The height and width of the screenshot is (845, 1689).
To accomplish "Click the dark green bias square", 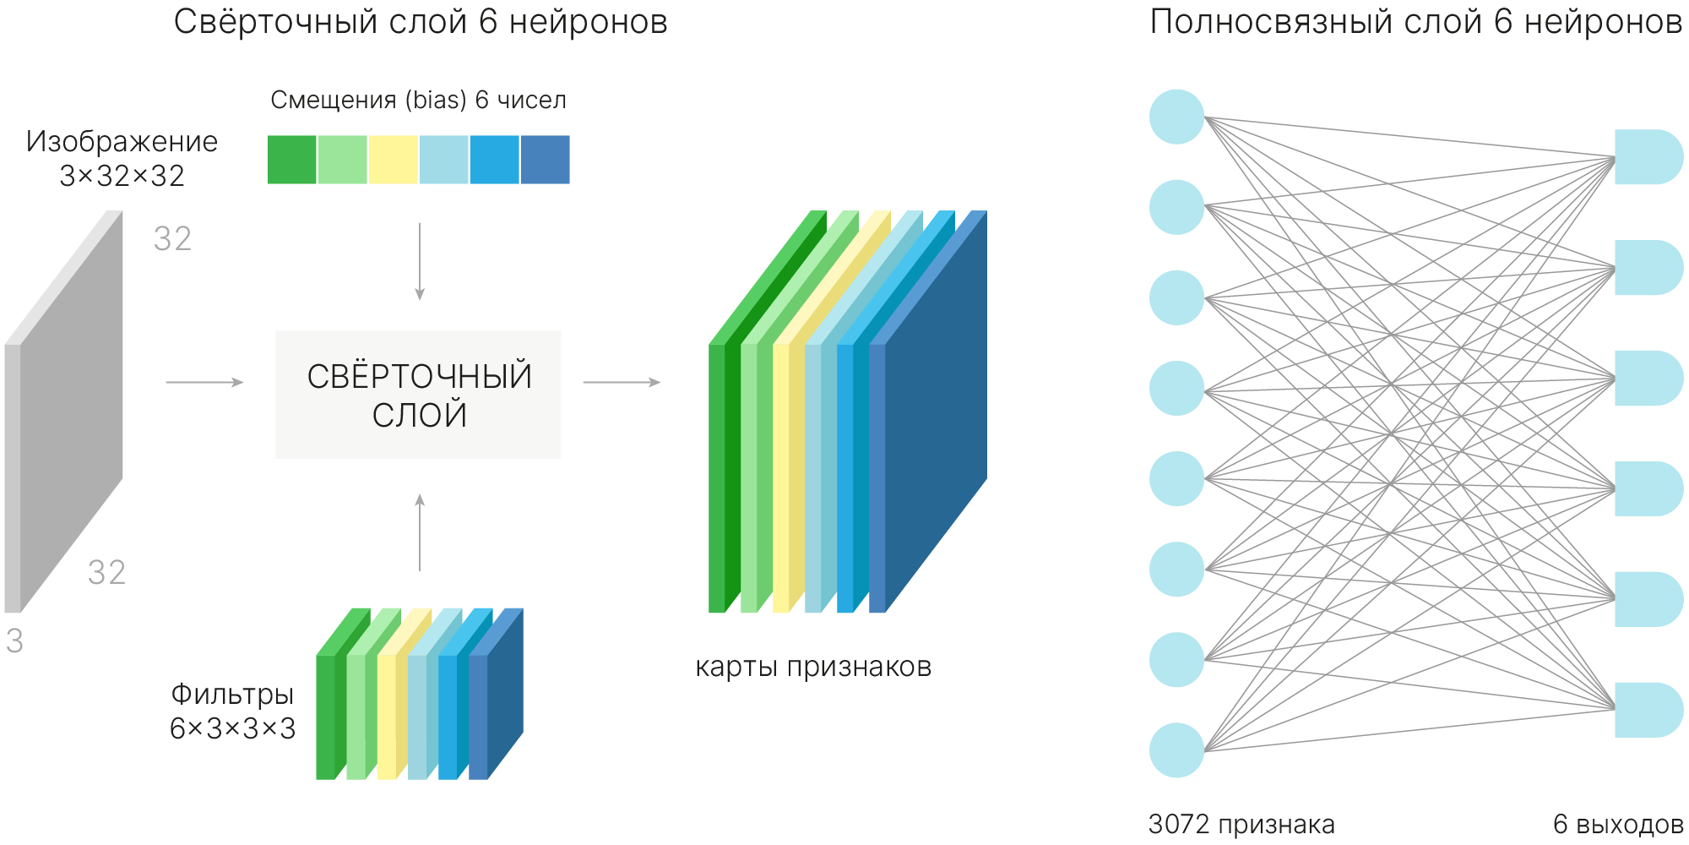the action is tap(292, 160).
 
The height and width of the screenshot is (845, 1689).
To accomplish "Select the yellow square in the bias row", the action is tap(394, 160).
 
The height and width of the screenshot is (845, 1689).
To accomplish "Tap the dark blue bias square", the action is tap(546, 160).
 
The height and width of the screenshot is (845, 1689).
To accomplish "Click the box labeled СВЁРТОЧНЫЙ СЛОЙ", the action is tap(418, 395).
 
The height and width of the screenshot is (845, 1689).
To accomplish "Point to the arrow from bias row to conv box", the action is tap(420, 261).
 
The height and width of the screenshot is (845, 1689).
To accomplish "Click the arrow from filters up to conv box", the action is tap(420, 532).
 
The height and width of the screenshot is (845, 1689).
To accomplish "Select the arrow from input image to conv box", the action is tap(205, 382).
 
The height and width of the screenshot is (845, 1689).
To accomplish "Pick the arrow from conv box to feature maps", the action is tap(622, 382).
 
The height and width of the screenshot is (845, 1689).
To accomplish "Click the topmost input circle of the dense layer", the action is tap(1176, 117).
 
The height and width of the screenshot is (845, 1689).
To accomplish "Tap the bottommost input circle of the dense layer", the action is tap(1176, 750).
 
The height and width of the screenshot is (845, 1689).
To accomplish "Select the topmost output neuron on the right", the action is tap(1649, 157).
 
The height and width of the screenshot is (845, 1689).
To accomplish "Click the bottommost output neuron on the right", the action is tap(1649, 710).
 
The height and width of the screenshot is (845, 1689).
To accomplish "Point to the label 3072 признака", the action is tap(1241, 824).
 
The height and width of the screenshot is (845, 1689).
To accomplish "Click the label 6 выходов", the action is tap(1619, 824).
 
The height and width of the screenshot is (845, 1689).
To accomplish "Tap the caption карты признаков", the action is tap(813, 667).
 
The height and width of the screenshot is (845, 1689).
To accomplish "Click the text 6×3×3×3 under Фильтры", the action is tap(233, 728).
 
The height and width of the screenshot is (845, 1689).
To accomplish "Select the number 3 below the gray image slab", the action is tap(15, 641).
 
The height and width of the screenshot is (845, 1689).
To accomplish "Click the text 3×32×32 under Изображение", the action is tap(122, 176).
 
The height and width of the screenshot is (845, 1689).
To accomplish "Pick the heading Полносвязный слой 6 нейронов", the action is tap(1416, 22).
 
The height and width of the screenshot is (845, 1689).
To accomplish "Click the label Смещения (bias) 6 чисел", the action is tap(418, 100).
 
